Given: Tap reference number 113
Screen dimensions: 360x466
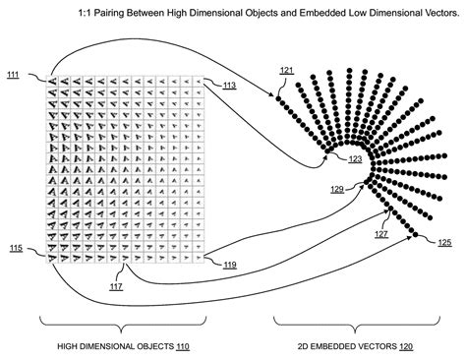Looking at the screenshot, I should point(228,87).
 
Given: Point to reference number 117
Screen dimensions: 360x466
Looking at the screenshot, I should point(116,285).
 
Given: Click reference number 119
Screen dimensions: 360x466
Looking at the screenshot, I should point(229,266).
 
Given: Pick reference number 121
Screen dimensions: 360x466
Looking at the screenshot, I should point(286,71).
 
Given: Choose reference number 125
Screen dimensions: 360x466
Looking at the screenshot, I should point(444,242).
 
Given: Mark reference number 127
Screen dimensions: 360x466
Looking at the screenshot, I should point(380,234).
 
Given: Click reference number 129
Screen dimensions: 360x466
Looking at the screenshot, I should point(337,188).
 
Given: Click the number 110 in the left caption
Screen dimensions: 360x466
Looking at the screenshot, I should point(182,347).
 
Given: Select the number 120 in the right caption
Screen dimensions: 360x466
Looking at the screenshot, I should point(405,347).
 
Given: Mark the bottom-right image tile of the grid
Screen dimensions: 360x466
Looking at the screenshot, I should point(201,257).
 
